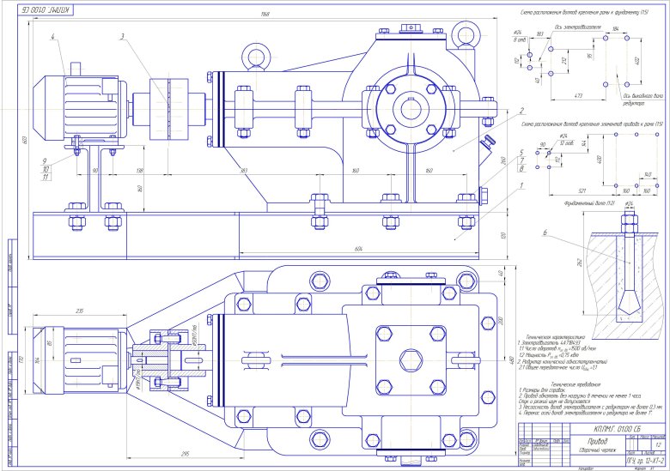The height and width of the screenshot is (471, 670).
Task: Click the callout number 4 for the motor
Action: tap(52, 37)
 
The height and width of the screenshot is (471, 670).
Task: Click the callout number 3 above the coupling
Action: tap(123, 37)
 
